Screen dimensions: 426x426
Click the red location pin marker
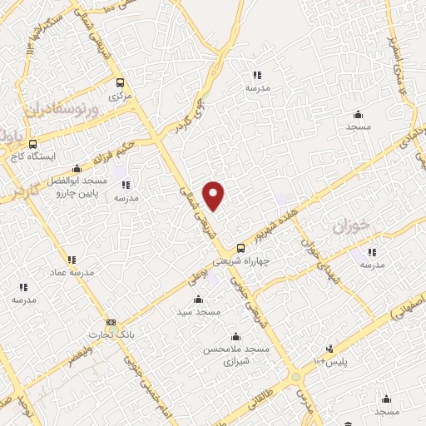click(215, 196)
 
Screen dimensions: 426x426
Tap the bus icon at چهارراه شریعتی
click(240, 247)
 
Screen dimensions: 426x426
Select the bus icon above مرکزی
click(121, 83)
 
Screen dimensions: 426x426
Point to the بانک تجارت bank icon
click(111, 323)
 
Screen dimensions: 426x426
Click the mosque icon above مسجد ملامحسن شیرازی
click(236, 337)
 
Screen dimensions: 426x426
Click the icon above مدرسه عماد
click(71, 259)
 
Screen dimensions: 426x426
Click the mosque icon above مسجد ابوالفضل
click(77, 167)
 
